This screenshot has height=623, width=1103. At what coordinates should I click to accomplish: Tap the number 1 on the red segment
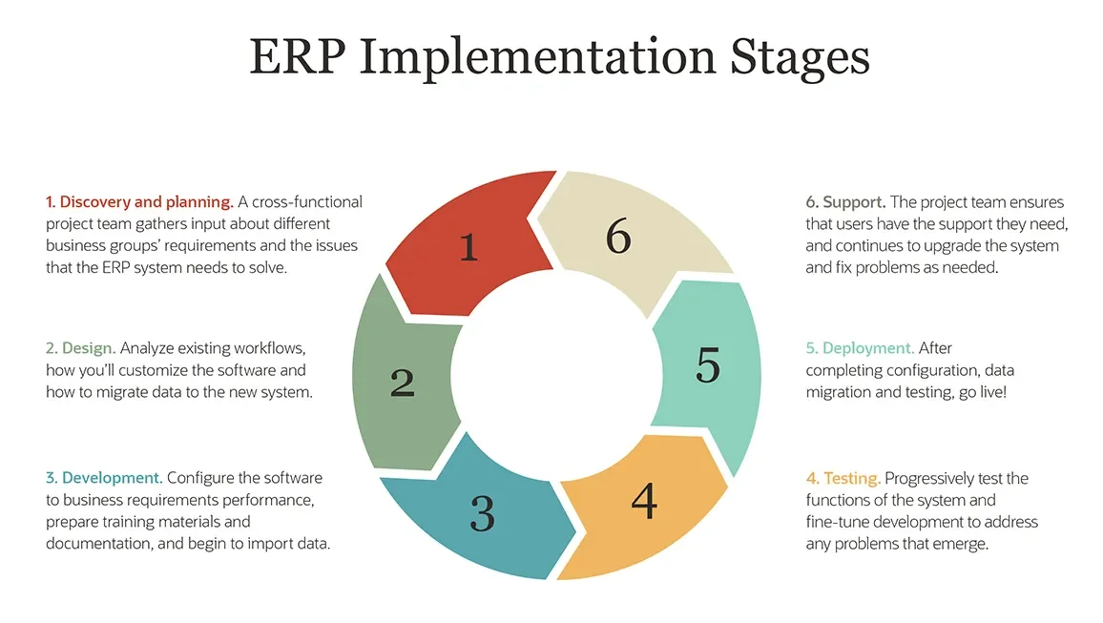click(468, 247)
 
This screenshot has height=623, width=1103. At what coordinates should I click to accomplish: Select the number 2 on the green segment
click(403, 383)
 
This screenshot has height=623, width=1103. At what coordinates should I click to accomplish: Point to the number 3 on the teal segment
click(483, 513)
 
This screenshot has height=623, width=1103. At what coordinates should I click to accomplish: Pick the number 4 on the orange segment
click(644, 501)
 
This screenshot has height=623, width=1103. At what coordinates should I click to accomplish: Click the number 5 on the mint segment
click(708, 365)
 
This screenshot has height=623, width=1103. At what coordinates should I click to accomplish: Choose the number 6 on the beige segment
click(618, 237)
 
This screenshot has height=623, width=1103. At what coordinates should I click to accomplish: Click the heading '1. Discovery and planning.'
click(139, 202)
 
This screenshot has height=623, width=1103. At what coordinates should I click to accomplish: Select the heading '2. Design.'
click(81, 348)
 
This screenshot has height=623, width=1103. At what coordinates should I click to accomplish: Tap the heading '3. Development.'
click(104, 478)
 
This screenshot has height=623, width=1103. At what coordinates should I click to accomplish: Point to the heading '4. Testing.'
click(843, 478)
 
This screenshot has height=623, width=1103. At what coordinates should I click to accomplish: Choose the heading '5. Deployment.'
click(860, 348)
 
